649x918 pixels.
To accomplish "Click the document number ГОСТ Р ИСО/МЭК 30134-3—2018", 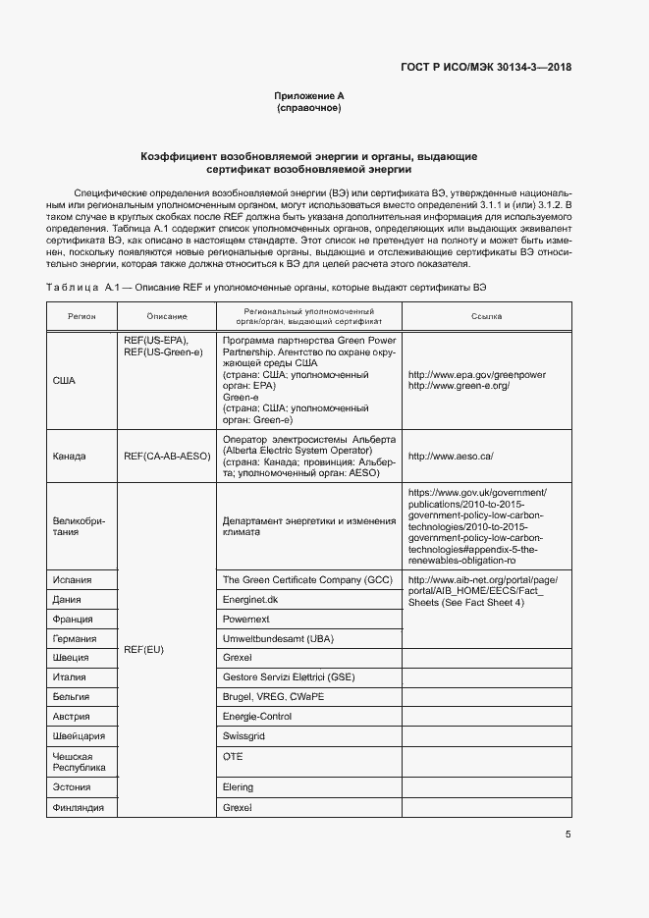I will point(486,68).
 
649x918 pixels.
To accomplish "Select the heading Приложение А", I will point(309,96).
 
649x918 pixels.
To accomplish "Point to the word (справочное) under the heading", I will point(309,109).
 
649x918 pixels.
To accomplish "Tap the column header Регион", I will point(81,317).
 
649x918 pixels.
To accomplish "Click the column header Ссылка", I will point(485,317).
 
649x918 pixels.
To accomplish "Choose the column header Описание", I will point(167,317).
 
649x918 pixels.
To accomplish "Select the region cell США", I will point(64,380).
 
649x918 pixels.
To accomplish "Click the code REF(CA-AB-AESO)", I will point(167,457).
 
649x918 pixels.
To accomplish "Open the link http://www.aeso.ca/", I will point(452,457).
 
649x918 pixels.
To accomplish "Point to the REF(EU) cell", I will point(144,650).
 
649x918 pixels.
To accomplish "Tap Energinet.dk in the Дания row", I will point(250,599).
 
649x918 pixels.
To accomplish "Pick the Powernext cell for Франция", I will point(246,620).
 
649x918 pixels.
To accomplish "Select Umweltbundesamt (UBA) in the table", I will point(279,639).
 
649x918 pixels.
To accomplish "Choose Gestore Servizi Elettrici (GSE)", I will point(289,677).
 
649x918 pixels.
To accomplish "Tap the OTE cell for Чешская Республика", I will point(233,757).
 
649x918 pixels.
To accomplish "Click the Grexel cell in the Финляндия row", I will point(239,807).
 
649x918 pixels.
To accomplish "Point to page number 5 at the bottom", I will point(568,835).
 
